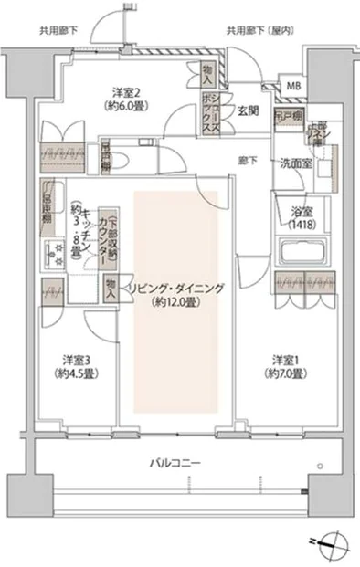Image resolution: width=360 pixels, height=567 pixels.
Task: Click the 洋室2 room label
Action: click(125, 92)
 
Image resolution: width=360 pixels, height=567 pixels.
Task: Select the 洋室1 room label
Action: click(285, 359)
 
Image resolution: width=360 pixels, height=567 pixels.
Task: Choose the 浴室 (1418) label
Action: click(300, 216)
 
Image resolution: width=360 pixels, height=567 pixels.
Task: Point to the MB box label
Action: click(292, 87)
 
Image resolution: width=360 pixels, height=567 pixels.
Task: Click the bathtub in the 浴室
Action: click(299, 251)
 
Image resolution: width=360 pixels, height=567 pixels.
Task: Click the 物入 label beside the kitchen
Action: click(111, 289)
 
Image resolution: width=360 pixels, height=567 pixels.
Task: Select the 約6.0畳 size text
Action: click(125, 106)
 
